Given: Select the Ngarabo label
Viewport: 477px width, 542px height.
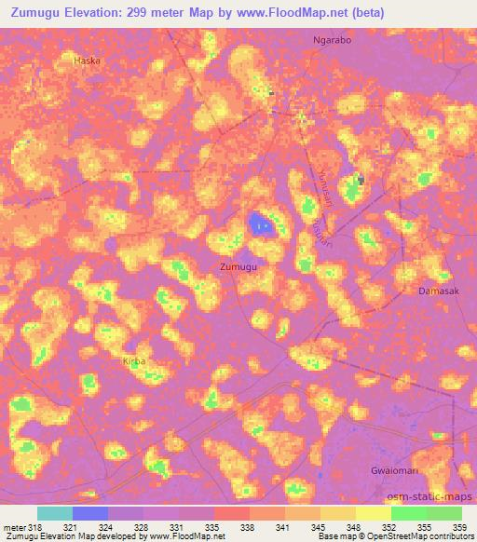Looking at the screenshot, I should pos(331,42).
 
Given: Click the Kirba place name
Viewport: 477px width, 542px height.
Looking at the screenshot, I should pos(135,360).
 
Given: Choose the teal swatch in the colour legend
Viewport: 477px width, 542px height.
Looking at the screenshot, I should pos(54,513).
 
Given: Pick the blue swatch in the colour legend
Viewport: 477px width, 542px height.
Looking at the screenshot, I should pos(90,513).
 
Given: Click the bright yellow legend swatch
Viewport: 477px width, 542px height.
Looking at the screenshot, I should pos(373,513).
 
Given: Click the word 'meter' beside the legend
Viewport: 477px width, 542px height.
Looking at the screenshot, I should pos(13,527).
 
